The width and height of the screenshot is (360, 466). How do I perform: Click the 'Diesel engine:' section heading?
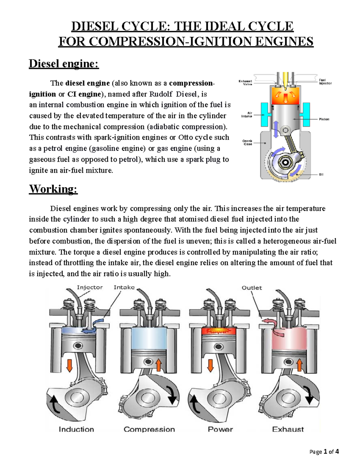(64, 64)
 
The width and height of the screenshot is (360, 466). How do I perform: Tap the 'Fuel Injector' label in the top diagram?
(325, 82)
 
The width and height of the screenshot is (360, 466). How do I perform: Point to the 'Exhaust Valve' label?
(245, 83)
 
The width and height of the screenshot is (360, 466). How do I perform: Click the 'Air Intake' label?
(247, 115)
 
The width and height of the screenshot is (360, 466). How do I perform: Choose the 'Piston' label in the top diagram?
(324, 119)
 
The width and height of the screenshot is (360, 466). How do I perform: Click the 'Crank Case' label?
(247, 142)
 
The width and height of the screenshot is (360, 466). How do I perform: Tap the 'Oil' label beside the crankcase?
(321, 174)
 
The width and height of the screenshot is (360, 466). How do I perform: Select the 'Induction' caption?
(76, 429)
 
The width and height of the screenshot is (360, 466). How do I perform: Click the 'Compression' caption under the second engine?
(149, 429)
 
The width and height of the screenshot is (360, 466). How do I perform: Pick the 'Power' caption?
(220, 429)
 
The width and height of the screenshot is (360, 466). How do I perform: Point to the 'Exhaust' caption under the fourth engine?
(288, 429)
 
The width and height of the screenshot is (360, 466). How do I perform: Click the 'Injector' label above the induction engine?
(90, 287)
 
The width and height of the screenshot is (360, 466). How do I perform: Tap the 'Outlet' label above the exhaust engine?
(252, 288)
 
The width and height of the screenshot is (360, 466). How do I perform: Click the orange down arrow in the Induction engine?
(69, 365)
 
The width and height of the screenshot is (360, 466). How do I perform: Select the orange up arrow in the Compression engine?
(158, 365)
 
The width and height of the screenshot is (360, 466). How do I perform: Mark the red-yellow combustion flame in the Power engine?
(218, 331)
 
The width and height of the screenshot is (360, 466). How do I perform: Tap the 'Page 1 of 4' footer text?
(324, 452)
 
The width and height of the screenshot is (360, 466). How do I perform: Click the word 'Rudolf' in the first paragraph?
(161, 94)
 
